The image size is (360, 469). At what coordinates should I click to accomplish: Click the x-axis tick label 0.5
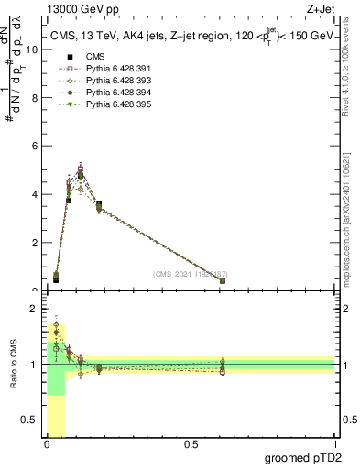point(191,445)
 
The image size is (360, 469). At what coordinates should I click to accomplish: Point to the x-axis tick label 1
point(333,445)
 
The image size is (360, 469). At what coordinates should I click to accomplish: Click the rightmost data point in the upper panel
point(223,280)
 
